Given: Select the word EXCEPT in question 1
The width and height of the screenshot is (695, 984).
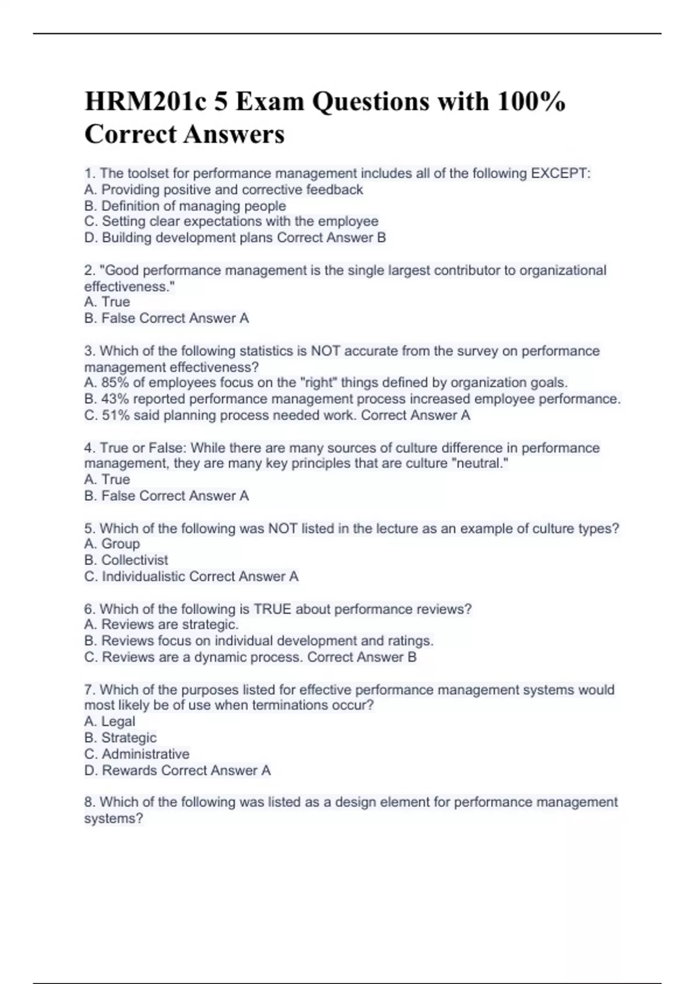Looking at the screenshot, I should pyautogui.click(x=561, y=173).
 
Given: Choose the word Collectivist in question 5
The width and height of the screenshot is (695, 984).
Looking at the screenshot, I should pyautogui.click(x=134, y=560).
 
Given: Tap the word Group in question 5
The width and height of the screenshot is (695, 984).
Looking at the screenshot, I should pyautogui.click(x=120, y=544).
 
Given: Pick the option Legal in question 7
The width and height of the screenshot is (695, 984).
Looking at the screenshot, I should pyautogui.click(x=118, y=721).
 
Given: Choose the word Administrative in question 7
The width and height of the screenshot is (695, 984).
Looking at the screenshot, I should pyautogui.click(x=145, y=754).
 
